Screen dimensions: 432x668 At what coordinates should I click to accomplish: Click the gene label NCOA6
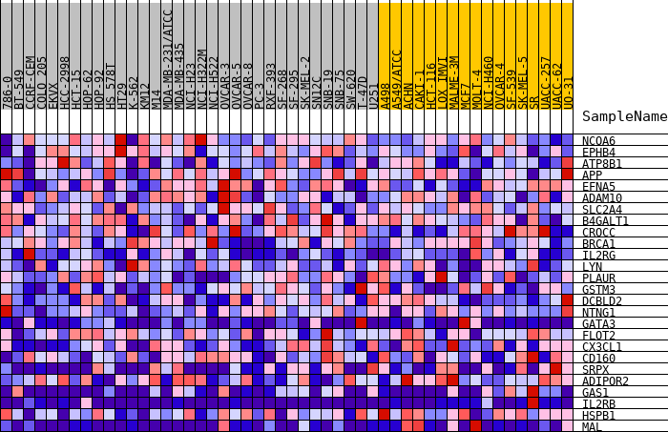pos(598,141)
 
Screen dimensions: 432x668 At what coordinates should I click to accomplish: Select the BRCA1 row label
pos(598,244)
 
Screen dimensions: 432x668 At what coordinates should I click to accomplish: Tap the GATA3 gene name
pos(598,324)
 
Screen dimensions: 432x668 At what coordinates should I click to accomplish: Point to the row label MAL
pos(592,427)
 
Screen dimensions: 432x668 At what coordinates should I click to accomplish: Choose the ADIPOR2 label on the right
pos(605,381)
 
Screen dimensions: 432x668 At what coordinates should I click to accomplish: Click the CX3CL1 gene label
pos(601,347)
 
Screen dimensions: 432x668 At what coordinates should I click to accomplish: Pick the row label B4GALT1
pos(605,221)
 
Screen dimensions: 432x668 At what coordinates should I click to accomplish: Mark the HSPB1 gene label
pos(598,416)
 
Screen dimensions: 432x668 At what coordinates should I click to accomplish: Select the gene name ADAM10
pos(601,198)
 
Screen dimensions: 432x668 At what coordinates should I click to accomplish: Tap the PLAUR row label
pos(598,278)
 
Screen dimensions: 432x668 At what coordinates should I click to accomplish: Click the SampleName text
pos(624,116)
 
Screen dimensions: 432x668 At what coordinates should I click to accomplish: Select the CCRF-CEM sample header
pos(30,81)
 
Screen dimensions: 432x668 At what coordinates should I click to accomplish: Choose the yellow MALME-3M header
pos(453,81)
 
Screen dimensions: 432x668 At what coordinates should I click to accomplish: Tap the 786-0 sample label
pos(7,93)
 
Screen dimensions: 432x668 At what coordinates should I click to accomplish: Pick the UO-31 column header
pos(568,93)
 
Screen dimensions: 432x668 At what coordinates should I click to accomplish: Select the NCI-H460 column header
pos(488,81)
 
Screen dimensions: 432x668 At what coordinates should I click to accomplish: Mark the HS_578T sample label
pos(110,86)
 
